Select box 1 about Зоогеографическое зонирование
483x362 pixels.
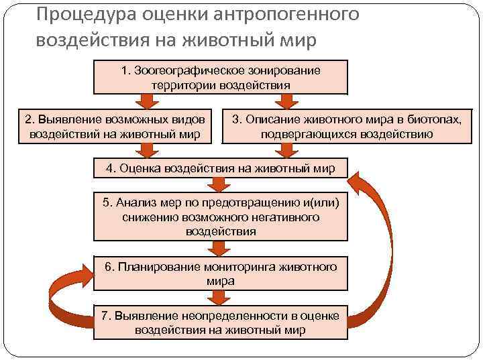pos(220,77)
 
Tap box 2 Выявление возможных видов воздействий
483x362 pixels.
pos(113,126)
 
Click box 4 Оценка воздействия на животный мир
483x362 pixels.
pos(220,168)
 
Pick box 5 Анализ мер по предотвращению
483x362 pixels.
pos(220,217)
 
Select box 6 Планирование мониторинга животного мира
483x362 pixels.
pos(220,273)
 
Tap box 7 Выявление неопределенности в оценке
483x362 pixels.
pos(220,322)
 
